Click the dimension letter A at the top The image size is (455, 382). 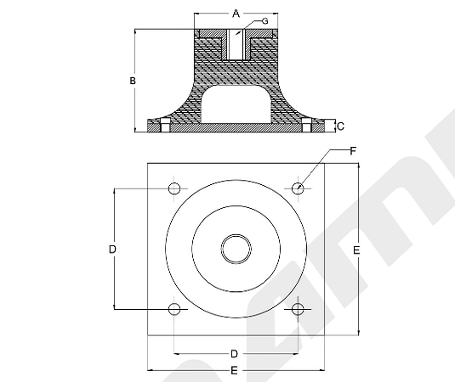click(236, 14)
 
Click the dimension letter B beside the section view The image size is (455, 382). click(133, 81)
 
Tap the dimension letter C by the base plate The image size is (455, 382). click(341, 126)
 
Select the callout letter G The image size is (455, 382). click(264, 21)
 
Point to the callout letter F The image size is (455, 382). click(353, 151)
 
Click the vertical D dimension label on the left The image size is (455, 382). click(112, 249)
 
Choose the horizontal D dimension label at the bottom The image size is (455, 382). click(234, 354)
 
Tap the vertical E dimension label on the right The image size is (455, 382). click(356, 250)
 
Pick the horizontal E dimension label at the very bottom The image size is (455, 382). click(234, 370)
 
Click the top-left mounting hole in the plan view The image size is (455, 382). click(174, 188)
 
